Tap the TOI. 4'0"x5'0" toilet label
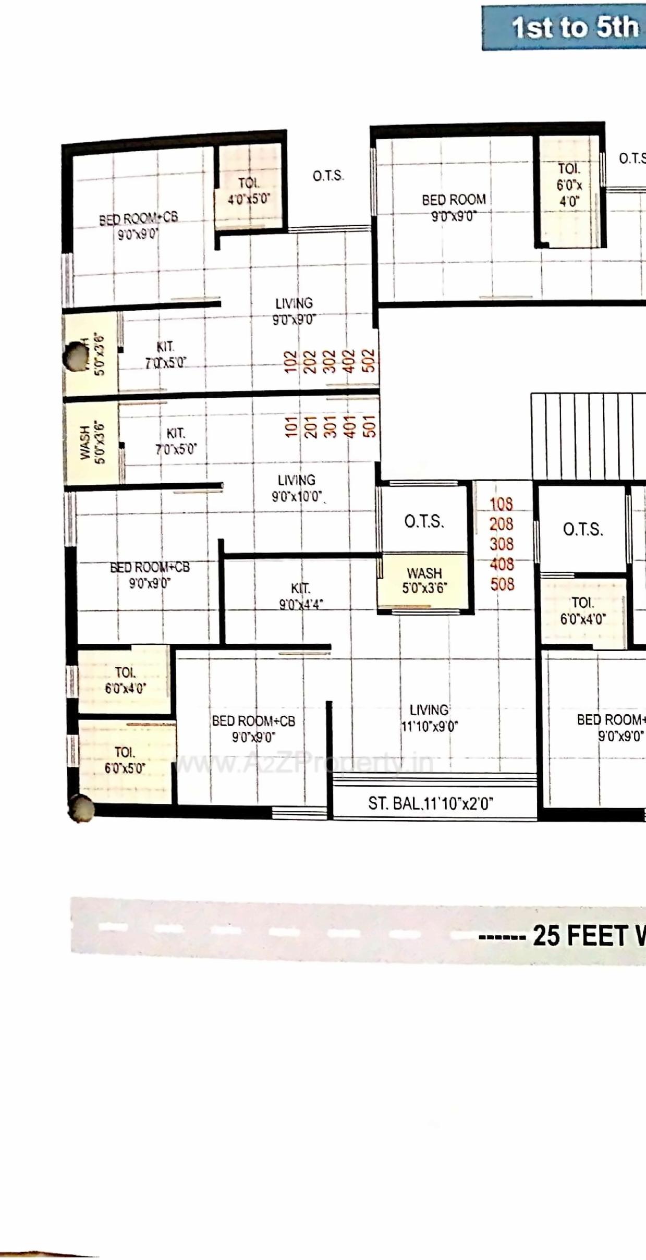point(249,190)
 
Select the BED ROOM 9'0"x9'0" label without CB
point(454,207)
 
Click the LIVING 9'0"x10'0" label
point(296,488)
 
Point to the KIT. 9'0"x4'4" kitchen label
point(301,596)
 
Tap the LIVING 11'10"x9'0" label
point(429,718)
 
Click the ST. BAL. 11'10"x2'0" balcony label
point(430,803)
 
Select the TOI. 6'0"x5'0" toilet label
point(125,760)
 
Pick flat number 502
point(368,361)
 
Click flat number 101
point(291,426)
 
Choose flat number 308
point(501,544)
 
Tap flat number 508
point(502,584)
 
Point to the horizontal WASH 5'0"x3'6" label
point(424,580)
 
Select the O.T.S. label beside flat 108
point(424,521)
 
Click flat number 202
point(310,361)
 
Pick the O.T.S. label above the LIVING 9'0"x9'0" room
point(328,176)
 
